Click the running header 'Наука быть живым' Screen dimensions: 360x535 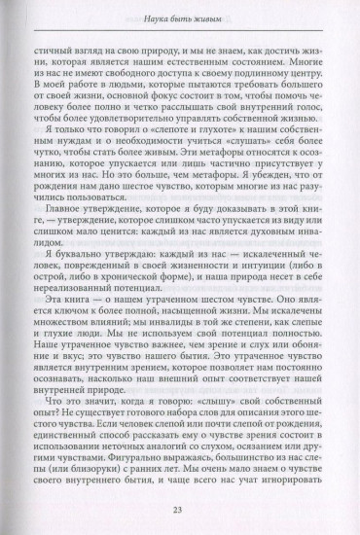pos(180,14)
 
